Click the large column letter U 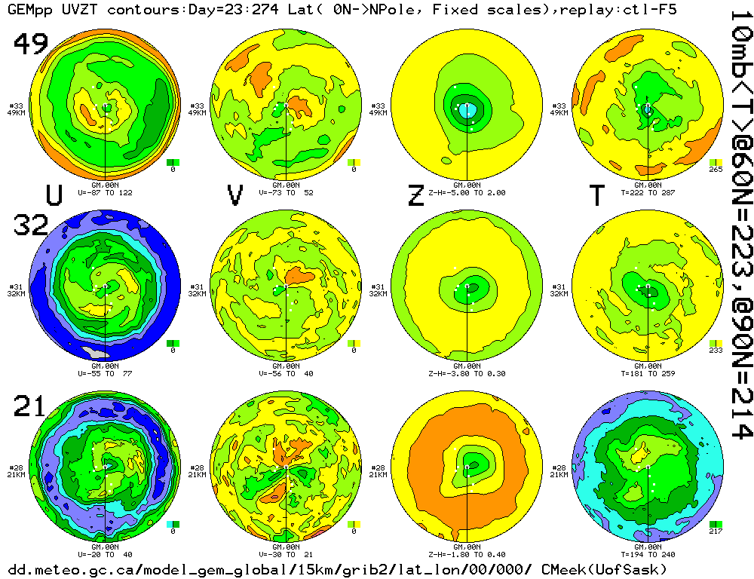tap(54, 195)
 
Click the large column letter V tap(235, 195)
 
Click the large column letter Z tap(415, 195)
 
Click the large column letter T tap(596, 195)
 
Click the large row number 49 tap(31, 46)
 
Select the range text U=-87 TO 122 tap(105, 192)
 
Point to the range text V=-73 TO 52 tap(287, 192)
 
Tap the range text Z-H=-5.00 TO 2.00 tap(467, 192)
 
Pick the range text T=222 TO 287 tap(648, 192)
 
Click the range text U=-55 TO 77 tap(105, 373)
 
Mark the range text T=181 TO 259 tap(648, 373)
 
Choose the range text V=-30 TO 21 tap(287, 554)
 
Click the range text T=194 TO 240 tap(648, 554)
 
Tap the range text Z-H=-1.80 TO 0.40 tap(467, 554)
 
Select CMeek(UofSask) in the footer tap(604, 568)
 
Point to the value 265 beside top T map tap(716, 169)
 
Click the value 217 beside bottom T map tap(716, 532)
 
